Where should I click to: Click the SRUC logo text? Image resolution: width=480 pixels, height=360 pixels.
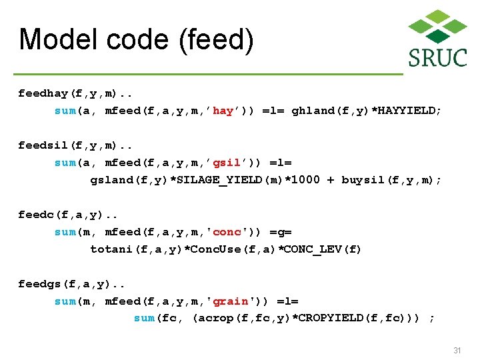[x=437, y=57]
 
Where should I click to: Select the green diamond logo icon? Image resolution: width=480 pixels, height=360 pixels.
[x=437, y=26]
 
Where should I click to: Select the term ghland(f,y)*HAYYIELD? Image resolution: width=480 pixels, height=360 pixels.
[x=367, y=111]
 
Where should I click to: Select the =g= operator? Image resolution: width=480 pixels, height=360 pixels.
[x=280, y=232]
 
